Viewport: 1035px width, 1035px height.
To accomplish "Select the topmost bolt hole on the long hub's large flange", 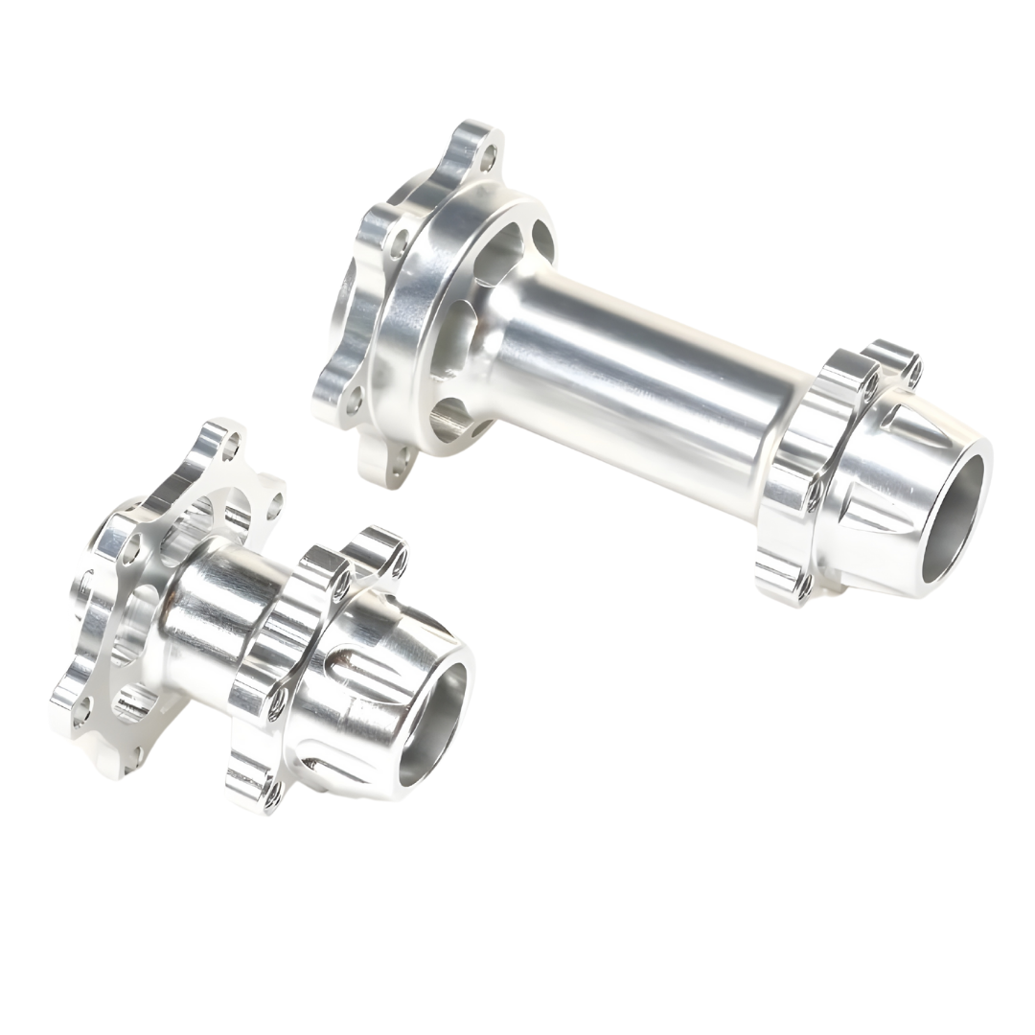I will click(489, 152).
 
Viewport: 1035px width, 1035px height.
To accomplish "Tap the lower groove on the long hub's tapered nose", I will click(867, 522).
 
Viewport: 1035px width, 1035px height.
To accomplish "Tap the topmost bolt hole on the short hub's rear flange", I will click(230, 444).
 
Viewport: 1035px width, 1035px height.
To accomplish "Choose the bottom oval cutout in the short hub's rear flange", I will click(134, 704).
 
